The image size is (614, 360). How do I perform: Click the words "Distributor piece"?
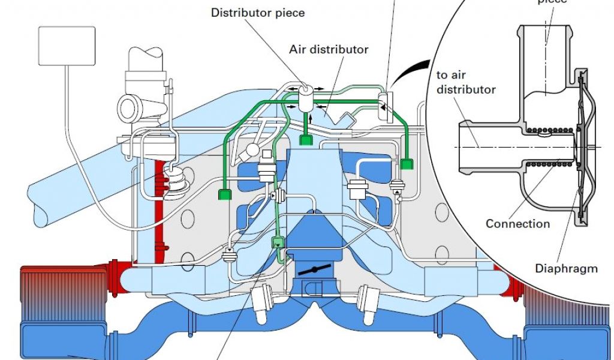(x=258, y=13)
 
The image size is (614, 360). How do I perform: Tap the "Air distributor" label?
(x=329, y=49)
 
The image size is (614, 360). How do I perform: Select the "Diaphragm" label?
(x=566, y=268)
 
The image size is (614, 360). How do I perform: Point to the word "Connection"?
(x=517, y=224)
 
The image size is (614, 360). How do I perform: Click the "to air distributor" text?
(x=466, y=82)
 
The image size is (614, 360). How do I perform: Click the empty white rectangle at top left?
(x=66, y=46)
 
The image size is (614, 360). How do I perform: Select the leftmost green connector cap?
(x=225, y=194)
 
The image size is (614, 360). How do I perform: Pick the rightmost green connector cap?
(x=408, y=163)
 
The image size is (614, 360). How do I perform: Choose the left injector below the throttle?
(x=260, y=302)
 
